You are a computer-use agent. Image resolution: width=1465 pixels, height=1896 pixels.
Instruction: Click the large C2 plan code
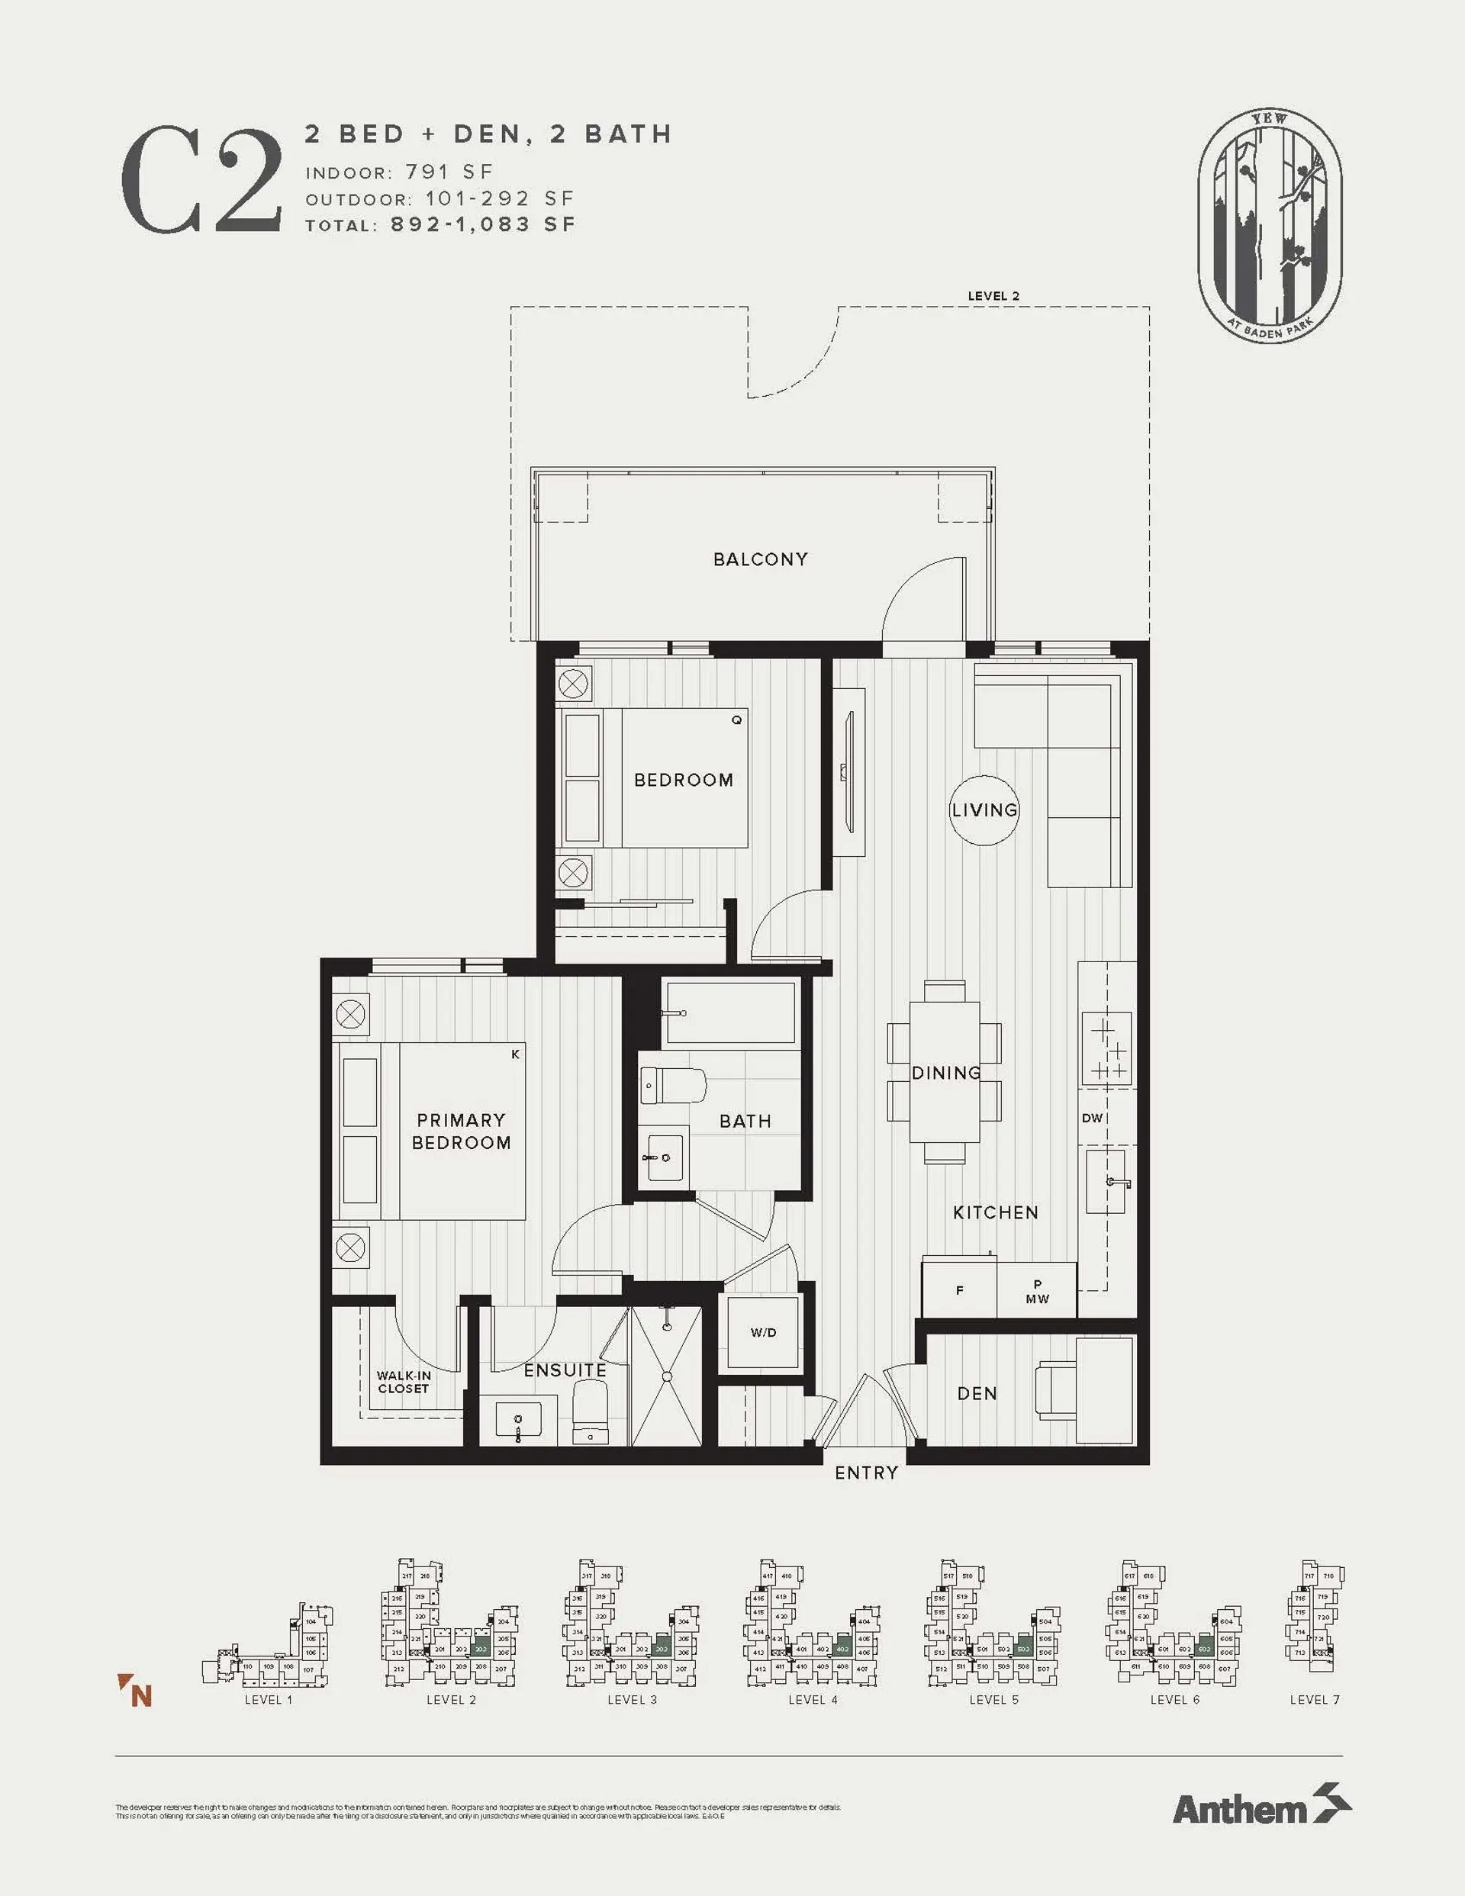click(201, 181)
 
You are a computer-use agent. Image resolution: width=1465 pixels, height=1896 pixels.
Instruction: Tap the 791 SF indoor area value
click(448, 172)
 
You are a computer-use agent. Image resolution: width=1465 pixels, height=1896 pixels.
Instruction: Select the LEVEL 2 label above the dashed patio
click(993, 296)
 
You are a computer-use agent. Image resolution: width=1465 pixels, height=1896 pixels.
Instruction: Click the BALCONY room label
click(760, 560)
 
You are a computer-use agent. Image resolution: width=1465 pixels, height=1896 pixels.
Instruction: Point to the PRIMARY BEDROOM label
click(461, 1131)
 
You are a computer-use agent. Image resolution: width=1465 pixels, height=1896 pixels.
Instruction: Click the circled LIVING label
click(984, 810)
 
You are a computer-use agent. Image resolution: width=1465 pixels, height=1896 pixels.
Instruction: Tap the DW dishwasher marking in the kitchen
click(1092, 1119)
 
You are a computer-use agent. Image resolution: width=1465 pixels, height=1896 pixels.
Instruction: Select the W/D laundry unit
click(763, 1333)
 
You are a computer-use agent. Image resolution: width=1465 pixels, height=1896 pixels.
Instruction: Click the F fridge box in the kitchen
click(960, 1290)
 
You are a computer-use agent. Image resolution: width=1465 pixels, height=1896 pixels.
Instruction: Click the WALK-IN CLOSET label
click(404, 1382)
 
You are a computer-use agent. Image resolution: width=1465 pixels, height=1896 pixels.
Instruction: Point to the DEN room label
click(977, 1393)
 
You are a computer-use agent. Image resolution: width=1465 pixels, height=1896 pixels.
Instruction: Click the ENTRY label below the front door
click(866, 1473)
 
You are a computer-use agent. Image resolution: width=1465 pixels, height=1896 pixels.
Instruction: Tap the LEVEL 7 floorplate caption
click(1314, 1700)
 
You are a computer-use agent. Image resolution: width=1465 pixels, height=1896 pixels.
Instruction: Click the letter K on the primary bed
click(515, 1054)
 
